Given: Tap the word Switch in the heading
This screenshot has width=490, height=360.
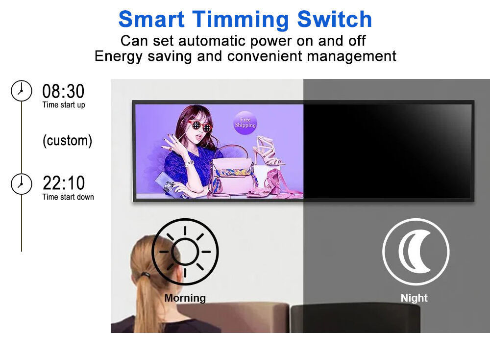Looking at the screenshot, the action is coord(334,20).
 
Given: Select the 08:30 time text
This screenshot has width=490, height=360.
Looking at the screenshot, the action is coord(63,91).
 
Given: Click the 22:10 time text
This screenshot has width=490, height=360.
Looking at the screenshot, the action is coord(63,183).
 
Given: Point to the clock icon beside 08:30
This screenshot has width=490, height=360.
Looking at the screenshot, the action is coord(21,91).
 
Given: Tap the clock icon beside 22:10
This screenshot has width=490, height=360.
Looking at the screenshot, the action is coord(21,184).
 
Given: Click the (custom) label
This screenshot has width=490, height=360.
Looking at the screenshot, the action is coord(68,140).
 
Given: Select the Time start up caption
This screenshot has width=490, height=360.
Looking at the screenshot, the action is coord(64,105).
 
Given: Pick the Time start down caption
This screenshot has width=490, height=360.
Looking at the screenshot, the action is coord(68,197).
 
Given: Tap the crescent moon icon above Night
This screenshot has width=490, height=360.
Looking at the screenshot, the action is coord(416,252).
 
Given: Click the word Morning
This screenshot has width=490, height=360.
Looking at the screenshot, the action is coord(185,298).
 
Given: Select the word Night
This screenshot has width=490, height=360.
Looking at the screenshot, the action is coord(414,298).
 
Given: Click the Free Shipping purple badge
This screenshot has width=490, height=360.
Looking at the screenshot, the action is coord(245,123).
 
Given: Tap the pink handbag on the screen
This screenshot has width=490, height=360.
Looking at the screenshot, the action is coord(232,171).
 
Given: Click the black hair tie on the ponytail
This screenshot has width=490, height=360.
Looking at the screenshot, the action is coord(146,275).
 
